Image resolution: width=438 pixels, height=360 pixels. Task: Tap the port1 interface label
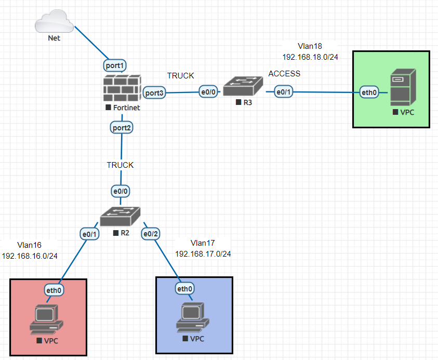point(115,66)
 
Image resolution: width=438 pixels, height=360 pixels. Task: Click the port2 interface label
point(122,127)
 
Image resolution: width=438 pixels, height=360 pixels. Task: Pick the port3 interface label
point(154,93)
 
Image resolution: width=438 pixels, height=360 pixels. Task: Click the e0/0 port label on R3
point(210,92)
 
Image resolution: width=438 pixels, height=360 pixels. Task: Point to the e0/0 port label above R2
point(121,191)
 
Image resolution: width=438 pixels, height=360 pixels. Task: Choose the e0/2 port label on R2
point(151,234)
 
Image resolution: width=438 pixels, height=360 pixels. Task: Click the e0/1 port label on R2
point(90,234)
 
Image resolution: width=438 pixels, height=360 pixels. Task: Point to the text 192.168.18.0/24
point(310,57)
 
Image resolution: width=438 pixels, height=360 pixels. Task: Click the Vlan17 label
point(203,243)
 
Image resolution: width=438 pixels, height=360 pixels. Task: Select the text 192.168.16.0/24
point(30,256)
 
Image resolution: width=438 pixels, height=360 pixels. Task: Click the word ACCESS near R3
point(284,74)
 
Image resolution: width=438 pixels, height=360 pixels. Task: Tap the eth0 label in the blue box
point(185,289)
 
